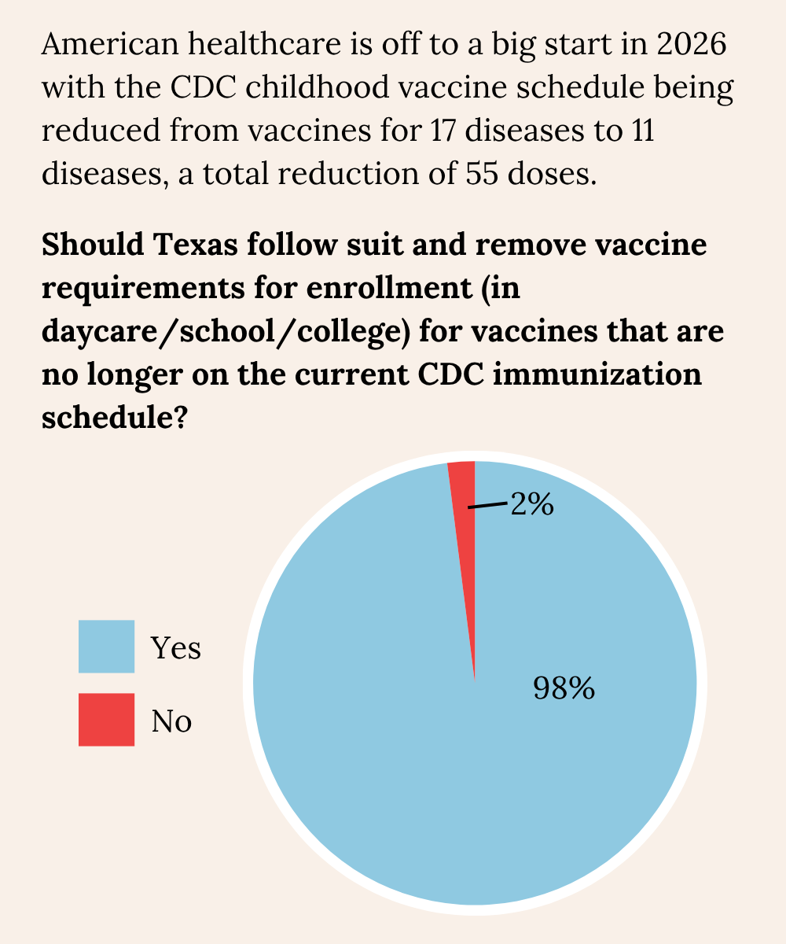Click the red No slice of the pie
pyautogui.click(x=465, y=503)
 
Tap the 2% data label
pyautogui.click(x=532, y=504)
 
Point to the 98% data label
pyautogui.click(x=564, y=689)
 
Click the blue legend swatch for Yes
pyautogui.click(x=106, y=647)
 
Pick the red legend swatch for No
pyautogui.click(x=106, y=719)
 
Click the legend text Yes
pyautogui.click(x=176, y=648)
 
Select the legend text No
pyautogui.click(x=172, y=721)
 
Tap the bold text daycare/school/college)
pyautogui.click(x=226, y=332)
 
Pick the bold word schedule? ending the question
pyautogui.click(x=112, y=417)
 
